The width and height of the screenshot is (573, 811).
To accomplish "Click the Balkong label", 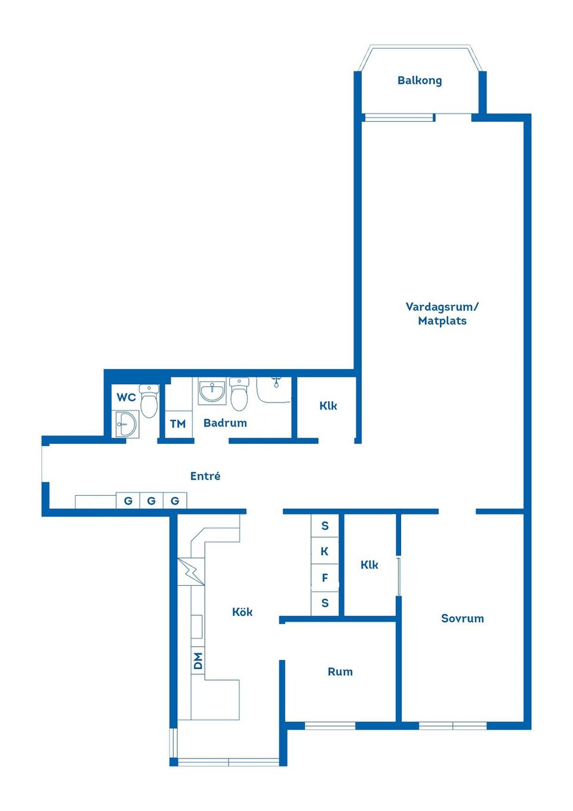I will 420,81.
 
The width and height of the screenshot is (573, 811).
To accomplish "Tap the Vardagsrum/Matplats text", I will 442,314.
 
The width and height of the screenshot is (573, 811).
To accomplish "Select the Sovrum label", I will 462,619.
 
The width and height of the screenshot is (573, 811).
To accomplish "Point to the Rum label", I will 340,672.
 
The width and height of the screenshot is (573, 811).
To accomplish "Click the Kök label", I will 242,612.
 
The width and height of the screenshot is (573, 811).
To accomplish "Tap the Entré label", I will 205,476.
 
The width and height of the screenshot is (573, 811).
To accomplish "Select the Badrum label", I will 225,423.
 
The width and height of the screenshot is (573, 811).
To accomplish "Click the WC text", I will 126,397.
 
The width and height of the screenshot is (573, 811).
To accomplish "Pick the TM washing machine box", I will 178,424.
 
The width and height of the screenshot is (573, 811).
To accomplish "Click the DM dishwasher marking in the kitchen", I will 198,661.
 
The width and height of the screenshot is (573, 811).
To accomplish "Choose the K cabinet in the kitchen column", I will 325,551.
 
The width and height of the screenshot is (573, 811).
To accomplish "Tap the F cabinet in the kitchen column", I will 325,577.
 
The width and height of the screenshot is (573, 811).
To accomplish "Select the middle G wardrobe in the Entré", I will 152,500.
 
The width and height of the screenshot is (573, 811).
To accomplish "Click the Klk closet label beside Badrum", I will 328,406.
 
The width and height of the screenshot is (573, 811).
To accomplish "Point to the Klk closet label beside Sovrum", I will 369,565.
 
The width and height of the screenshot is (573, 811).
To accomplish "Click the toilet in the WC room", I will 149,401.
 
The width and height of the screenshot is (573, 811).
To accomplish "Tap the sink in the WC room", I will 126,425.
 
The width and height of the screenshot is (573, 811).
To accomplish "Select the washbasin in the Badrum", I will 212,392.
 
